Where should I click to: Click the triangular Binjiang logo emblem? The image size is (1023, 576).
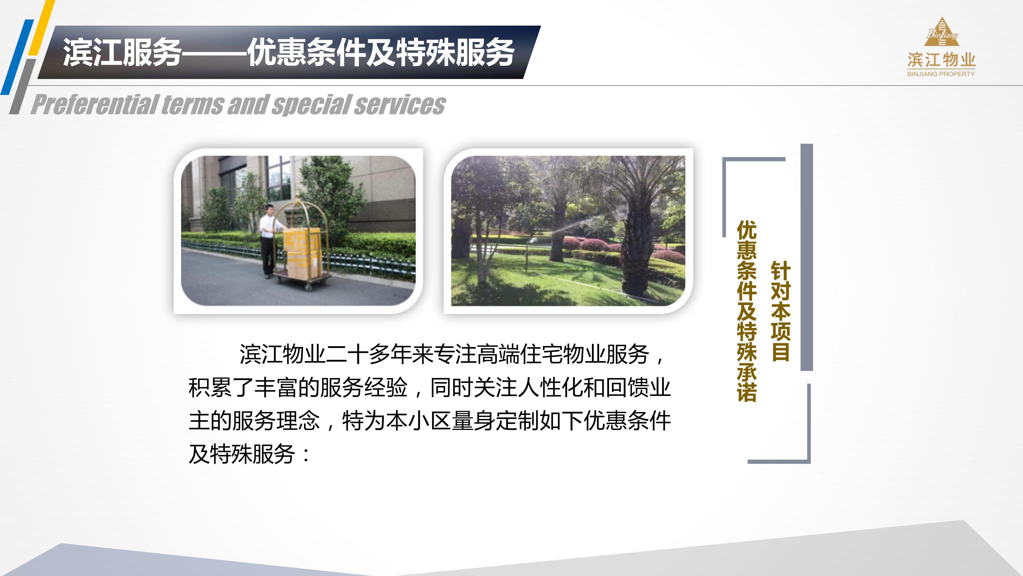941,33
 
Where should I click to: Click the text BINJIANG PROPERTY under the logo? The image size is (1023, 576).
941,74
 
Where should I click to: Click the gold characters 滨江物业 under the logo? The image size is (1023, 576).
941,60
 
